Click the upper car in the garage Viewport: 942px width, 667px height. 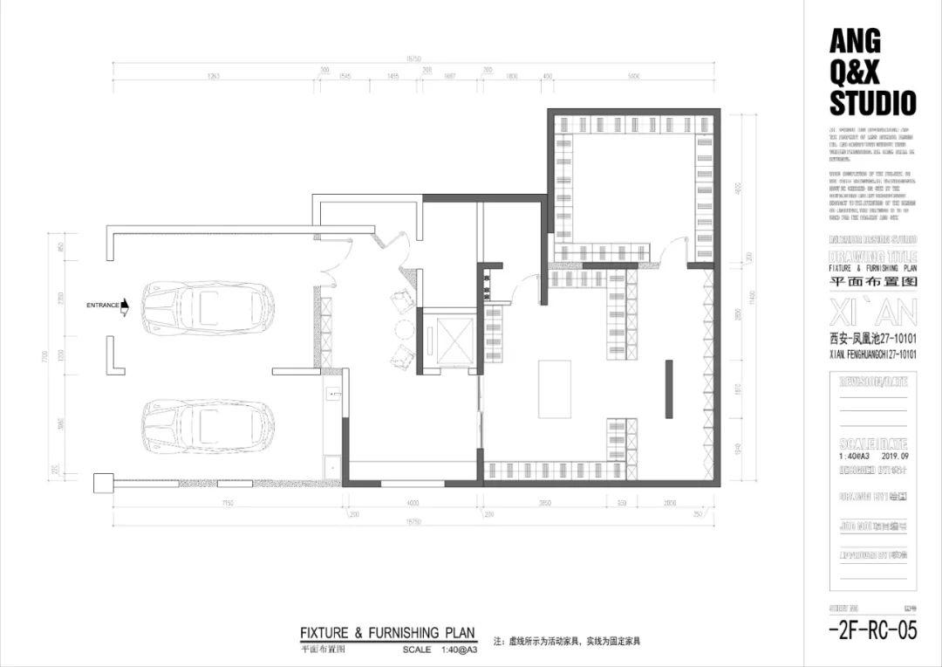[x=208, y=306]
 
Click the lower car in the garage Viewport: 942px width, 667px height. [x=208, y=425]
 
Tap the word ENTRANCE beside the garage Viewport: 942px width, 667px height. [x=102, y=306]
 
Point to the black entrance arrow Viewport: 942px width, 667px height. [x=125, y=306]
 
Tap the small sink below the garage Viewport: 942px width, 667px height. [x=331, y=395]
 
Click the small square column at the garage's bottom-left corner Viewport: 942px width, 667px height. [x=104, y=483]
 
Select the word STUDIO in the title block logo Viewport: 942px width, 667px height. [x=872, y=104]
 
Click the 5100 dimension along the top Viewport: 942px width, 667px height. [x=634, y=77]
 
